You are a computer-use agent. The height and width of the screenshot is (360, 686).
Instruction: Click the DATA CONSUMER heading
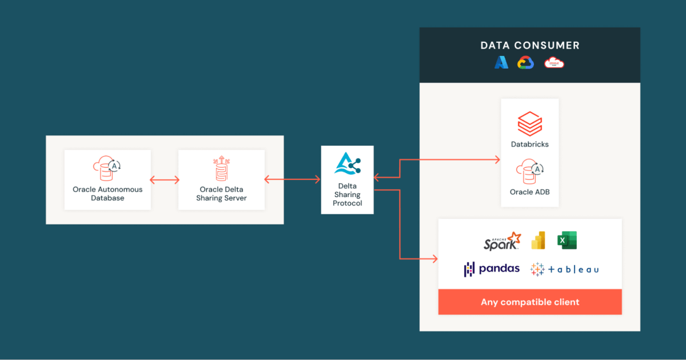point(529,45)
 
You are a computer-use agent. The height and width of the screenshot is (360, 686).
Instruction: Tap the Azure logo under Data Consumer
point(501,63)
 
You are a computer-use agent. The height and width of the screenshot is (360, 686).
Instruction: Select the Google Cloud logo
point(526,63)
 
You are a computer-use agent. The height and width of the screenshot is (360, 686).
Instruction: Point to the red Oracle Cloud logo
point(554,63)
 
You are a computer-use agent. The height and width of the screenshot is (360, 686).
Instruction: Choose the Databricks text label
point(529,145)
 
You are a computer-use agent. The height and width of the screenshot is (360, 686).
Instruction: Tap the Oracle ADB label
point(529,192)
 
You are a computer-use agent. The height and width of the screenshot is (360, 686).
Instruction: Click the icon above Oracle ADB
point(529,170)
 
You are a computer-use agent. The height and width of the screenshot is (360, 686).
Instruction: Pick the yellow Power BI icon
point(538,241)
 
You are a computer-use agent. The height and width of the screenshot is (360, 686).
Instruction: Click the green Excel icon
point(567,241)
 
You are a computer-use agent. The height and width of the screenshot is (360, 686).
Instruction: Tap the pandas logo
point(492,269)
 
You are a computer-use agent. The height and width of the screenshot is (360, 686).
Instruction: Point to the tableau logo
point(564,269)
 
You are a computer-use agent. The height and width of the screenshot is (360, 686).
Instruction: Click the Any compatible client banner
point(529,302)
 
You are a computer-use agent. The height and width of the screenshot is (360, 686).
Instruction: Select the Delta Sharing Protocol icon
point(348,165)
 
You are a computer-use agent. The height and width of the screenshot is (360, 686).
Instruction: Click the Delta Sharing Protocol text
point(348,194)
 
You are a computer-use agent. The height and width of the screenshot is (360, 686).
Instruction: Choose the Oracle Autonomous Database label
point(107,194)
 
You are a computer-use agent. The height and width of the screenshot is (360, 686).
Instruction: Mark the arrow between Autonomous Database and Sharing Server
point(165,180)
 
